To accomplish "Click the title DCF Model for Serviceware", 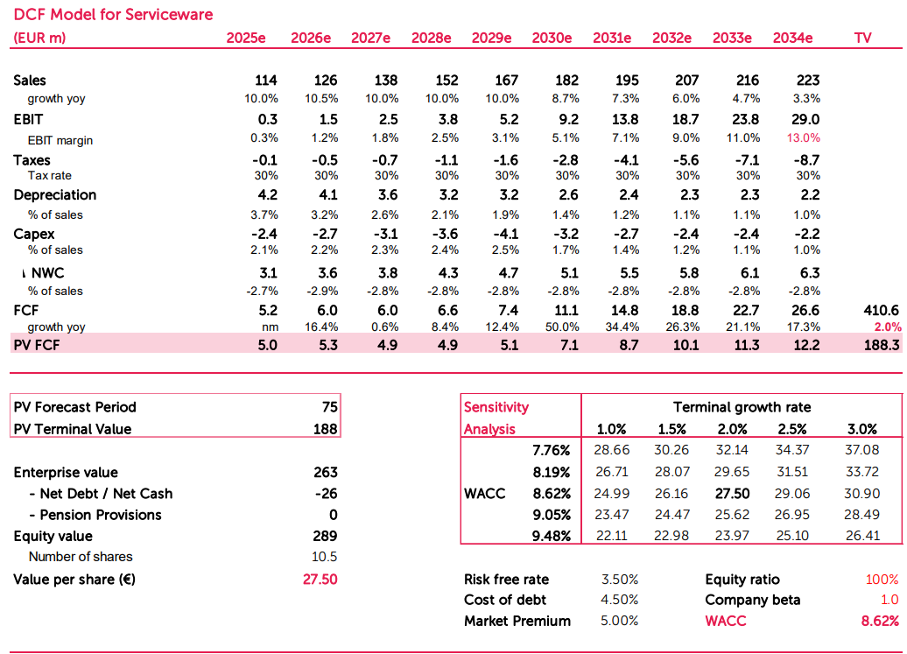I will tap(113, 15).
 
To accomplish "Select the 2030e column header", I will tap(552, 38).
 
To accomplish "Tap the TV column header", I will tap(861, 38).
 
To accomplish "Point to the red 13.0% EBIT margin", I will tap(803, 138).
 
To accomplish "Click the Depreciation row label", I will tap(54, 195).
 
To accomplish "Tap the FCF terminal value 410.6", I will tap(882, 310).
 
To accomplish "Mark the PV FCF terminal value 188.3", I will tap(882, 345).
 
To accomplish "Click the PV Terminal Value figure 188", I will tap(326, 429).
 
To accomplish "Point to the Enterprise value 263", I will tap(325, 473).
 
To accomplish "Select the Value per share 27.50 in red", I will tap(320, 580).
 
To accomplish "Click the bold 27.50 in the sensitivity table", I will tap(733, 494).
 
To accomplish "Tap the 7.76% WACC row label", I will tap(552, 451).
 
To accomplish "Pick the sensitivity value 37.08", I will tap(861, 451).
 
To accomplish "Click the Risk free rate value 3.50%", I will tap(619, 580).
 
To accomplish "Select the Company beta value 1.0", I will tap(889, 600).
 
